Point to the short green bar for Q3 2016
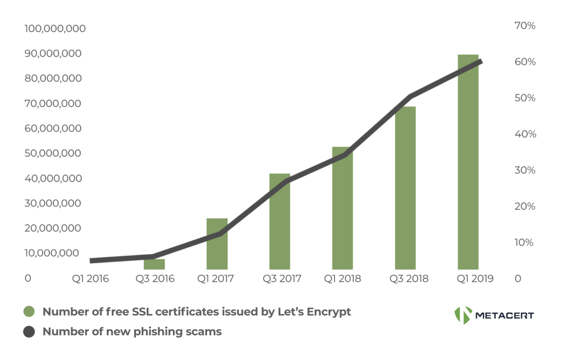click(154, 264)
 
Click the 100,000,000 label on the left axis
click(55, 29)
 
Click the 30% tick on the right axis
click(525, 170)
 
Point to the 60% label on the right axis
click(525, 62)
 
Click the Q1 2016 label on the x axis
click(91, 278)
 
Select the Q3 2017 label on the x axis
click(280, 278)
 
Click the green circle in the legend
click(29, 312)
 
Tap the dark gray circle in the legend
click(29, 332)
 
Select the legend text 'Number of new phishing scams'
click(132, 332)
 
